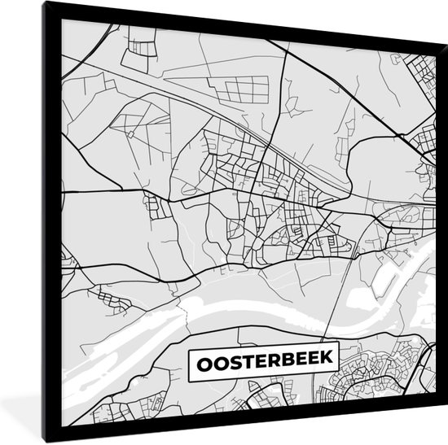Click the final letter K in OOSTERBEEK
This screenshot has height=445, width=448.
319,357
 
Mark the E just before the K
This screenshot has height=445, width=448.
307,357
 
